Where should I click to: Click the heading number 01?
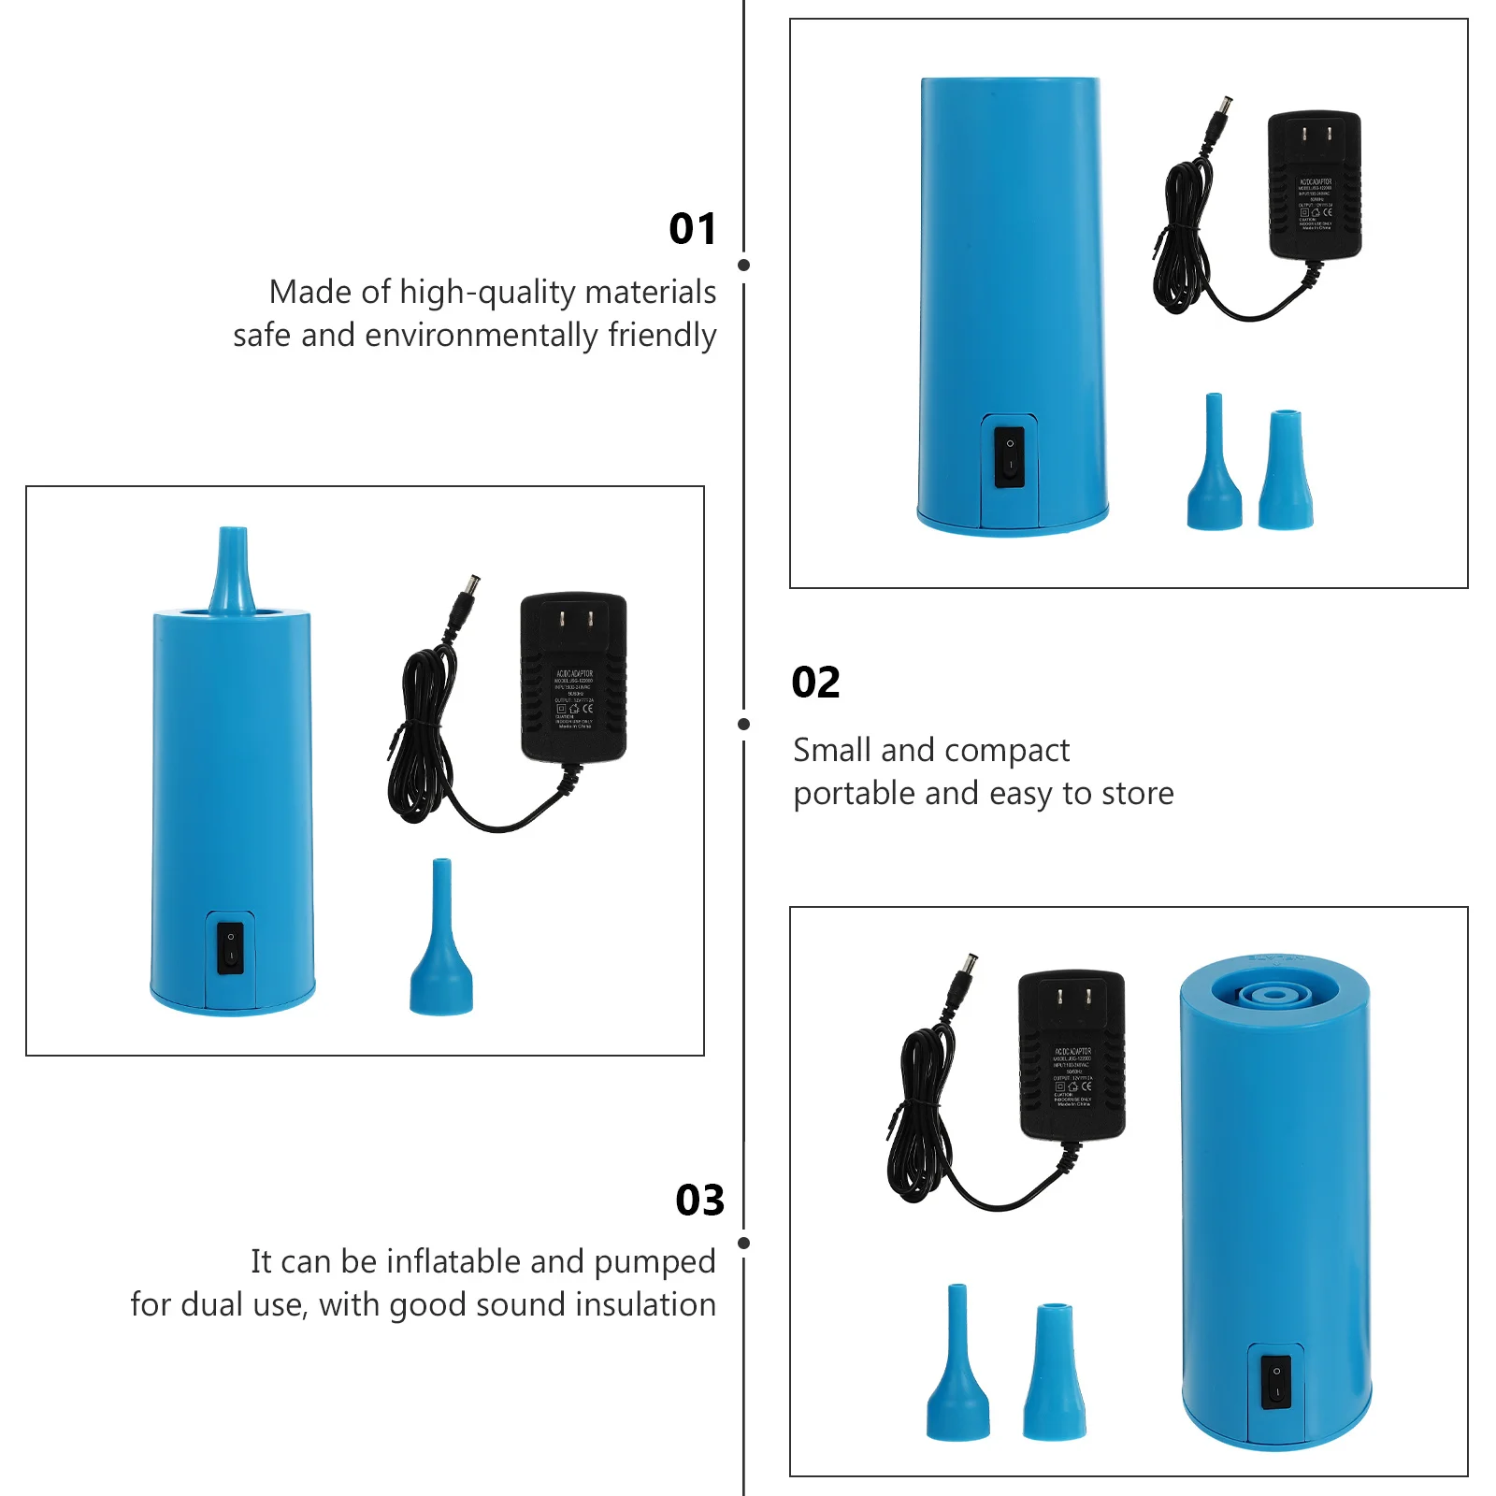692,229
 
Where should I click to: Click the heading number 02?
815,683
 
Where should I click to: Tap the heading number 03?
699,1200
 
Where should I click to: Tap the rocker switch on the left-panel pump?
230,947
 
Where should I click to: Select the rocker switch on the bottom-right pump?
1276,1383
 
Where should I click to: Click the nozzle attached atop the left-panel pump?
232,570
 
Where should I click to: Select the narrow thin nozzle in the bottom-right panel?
957,1365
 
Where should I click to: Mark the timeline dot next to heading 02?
744,724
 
